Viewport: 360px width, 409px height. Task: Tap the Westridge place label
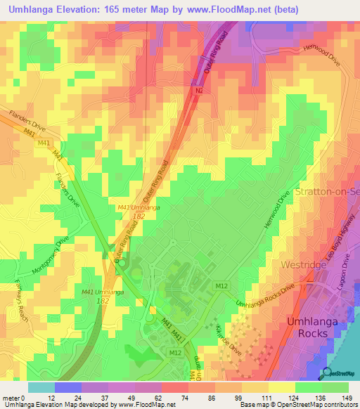tap(304, 265)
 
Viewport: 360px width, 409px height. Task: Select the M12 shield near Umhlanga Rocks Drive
tap(221, 286)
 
